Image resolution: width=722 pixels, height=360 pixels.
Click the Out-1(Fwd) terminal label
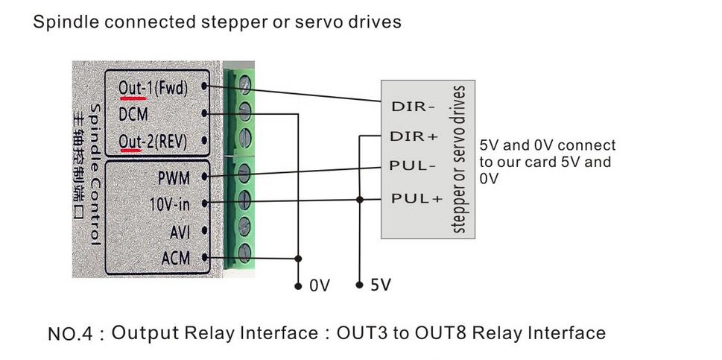coord(153,88)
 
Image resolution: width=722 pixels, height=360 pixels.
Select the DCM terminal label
coord(133,114)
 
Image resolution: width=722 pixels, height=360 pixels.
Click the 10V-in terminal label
coord(169,203)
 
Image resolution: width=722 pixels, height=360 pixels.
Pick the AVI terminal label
coord(180,232)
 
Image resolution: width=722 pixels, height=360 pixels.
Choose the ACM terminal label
coord(176,258)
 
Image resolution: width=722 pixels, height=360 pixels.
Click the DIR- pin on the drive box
coord(413,107)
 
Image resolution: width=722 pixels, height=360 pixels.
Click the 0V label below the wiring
coord(319,285)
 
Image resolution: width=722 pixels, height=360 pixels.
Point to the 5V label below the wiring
coord(380,285)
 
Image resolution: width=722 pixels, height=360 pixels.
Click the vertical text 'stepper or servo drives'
coord(460,160)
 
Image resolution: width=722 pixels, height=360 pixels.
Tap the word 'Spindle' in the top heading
coord(65,22)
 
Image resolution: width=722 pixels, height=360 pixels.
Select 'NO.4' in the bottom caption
coord(70,334)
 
